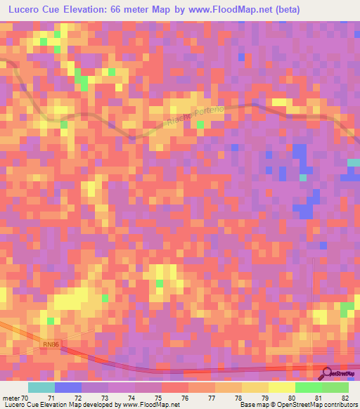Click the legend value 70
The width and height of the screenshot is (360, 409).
pyautogui.click(x=25, y=398)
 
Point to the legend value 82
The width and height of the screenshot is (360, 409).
pyautogui.click(x=345, y=398)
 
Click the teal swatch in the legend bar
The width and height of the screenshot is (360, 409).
pyautogui.click(x=41, y=387)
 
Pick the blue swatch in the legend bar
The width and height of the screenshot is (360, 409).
pyautogui.click(x=67, y=387)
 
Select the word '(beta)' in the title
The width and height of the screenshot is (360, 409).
pyautogui.click(x=286, y=10)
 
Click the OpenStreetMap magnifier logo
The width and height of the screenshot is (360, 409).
pyautogui.click(x=328, y=374)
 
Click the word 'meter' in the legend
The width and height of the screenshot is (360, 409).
pyautogui.click(x=10, y=398)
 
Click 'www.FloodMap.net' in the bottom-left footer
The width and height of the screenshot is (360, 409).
pyautogui.click(x=146, y=405)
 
